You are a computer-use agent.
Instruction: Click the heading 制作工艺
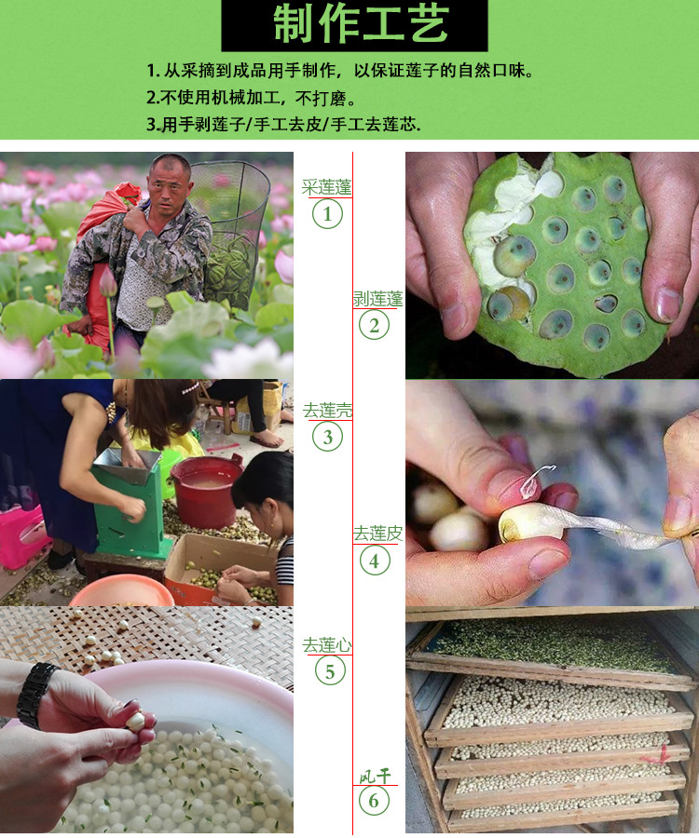point(361,24)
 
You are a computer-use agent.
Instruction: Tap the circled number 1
point(327,214)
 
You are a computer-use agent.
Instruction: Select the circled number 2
point(374,325)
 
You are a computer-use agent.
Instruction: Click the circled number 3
point(328,437)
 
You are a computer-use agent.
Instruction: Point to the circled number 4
point(375,561)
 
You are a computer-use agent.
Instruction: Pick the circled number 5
point(329,670)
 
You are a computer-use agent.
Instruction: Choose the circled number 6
point(374,801)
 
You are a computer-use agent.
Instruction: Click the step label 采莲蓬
point(326,187)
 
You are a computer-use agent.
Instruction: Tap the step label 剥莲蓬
point(377,299)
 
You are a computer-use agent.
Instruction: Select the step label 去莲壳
point(327,411)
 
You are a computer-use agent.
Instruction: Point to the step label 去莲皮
point(377,534)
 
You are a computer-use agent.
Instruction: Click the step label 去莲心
point(327,645)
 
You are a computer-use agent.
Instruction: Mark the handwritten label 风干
point(375,776)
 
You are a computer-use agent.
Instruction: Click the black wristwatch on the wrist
point(34,695)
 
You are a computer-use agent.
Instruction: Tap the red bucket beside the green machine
point(206,491)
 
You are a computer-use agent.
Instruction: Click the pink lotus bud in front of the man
point(107,280)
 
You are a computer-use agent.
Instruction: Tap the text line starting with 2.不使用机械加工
point(252,97)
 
